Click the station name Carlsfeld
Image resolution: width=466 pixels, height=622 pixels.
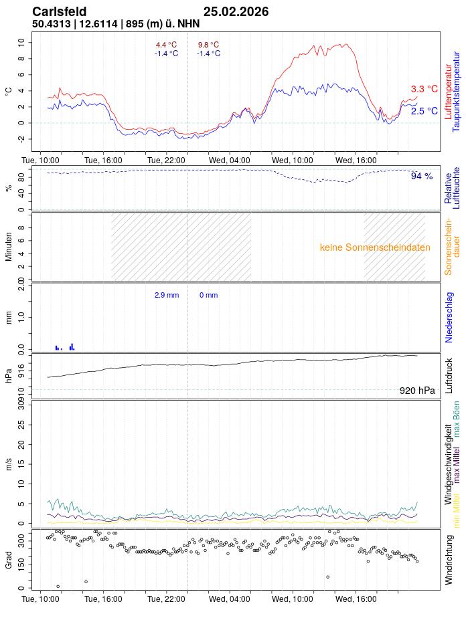(x=59, y=11)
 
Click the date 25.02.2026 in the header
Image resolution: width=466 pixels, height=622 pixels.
(x=236, y=11)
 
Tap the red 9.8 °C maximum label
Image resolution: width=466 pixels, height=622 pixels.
(x=208, y=45)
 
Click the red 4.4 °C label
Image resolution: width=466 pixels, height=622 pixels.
(x=166, y=45)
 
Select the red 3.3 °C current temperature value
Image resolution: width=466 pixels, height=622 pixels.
(x=424, y=89)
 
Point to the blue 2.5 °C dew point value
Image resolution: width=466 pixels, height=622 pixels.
(x=424, y=111)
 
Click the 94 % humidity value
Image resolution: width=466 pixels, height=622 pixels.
(x=422, y=176)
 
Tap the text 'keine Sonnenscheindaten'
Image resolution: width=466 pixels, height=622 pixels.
(x=375, y=247)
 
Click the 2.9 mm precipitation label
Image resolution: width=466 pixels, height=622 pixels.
(x=167, y=295)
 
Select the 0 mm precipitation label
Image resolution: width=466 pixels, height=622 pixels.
(x=208, y=295)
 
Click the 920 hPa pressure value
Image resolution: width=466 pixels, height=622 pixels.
(x=416, y=391)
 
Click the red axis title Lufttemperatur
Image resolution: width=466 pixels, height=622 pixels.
(x=448, y=90)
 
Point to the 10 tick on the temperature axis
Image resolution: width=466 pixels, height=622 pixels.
(x=21, y=41)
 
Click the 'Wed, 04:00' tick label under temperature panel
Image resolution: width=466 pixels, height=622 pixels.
(x=230, y=161)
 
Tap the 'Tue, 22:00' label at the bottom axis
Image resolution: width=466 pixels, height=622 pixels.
(x=166, y=599)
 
